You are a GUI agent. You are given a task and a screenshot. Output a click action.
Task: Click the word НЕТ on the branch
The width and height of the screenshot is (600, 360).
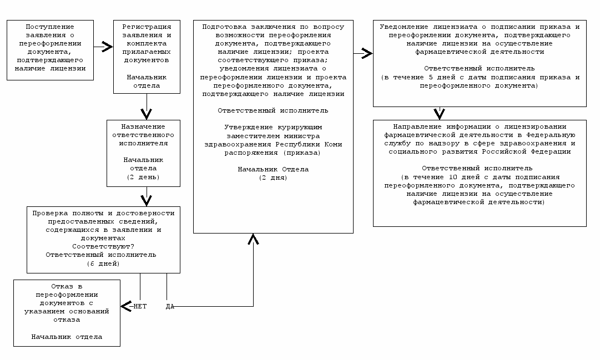139,306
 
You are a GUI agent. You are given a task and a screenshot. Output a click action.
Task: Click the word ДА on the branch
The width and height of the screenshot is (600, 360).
170,306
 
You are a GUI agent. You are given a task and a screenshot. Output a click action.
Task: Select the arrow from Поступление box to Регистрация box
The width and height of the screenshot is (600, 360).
102,48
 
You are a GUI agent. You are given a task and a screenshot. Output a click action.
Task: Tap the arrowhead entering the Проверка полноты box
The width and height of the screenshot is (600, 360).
147,199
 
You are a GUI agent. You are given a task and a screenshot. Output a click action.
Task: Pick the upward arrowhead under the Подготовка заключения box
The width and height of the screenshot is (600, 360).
254,239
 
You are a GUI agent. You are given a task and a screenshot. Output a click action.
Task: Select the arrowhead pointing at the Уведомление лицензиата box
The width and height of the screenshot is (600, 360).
366,54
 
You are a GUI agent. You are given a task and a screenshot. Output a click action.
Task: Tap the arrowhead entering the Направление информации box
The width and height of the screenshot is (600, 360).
440,114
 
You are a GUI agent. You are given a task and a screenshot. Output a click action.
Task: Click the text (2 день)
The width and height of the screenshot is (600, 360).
143,177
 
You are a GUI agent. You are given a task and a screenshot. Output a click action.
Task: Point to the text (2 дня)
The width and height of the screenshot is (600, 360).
273,178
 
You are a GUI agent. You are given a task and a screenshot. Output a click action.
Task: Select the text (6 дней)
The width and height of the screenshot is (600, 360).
103,263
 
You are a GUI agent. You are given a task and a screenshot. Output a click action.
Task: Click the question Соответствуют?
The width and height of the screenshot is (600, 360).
103,246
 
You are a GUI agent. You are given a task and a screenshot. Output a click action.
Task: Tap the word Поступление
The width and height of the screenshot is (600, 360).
50,27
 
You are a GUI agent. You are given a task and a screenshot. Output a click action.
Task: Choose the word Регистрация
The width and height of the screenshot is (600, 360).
147,27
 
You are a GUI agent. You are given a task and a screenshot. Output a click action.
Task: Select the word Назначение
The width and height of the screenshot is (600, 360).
143,126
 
